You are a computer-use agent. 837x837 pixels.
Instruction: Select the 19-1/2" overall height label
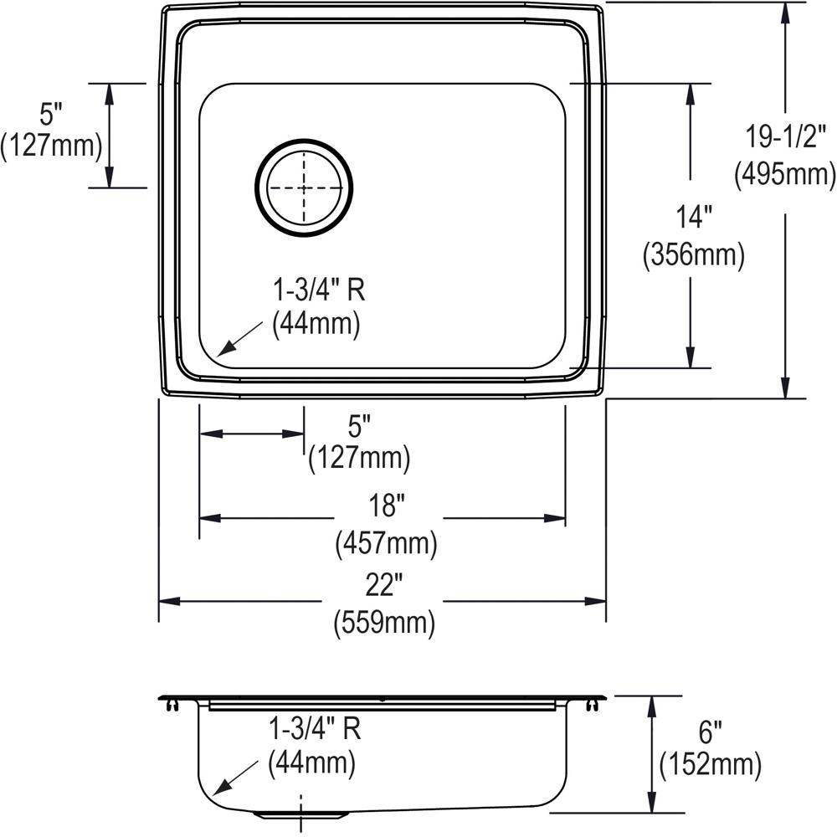tap(784, 137)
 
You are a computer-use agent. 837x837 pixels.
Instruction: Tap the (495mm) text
tap(784, 174)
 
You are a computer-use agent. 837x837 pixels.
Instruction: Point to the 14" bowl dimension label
tap(694, 218)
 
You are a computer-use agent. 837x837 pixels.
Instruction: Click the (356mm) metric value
tap(694, 255)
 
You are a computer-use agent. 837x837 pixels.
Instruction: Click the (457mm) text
tap(386, 545)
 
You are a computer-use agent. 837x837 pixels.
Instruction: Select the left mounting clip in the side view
tap(172, 706)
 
